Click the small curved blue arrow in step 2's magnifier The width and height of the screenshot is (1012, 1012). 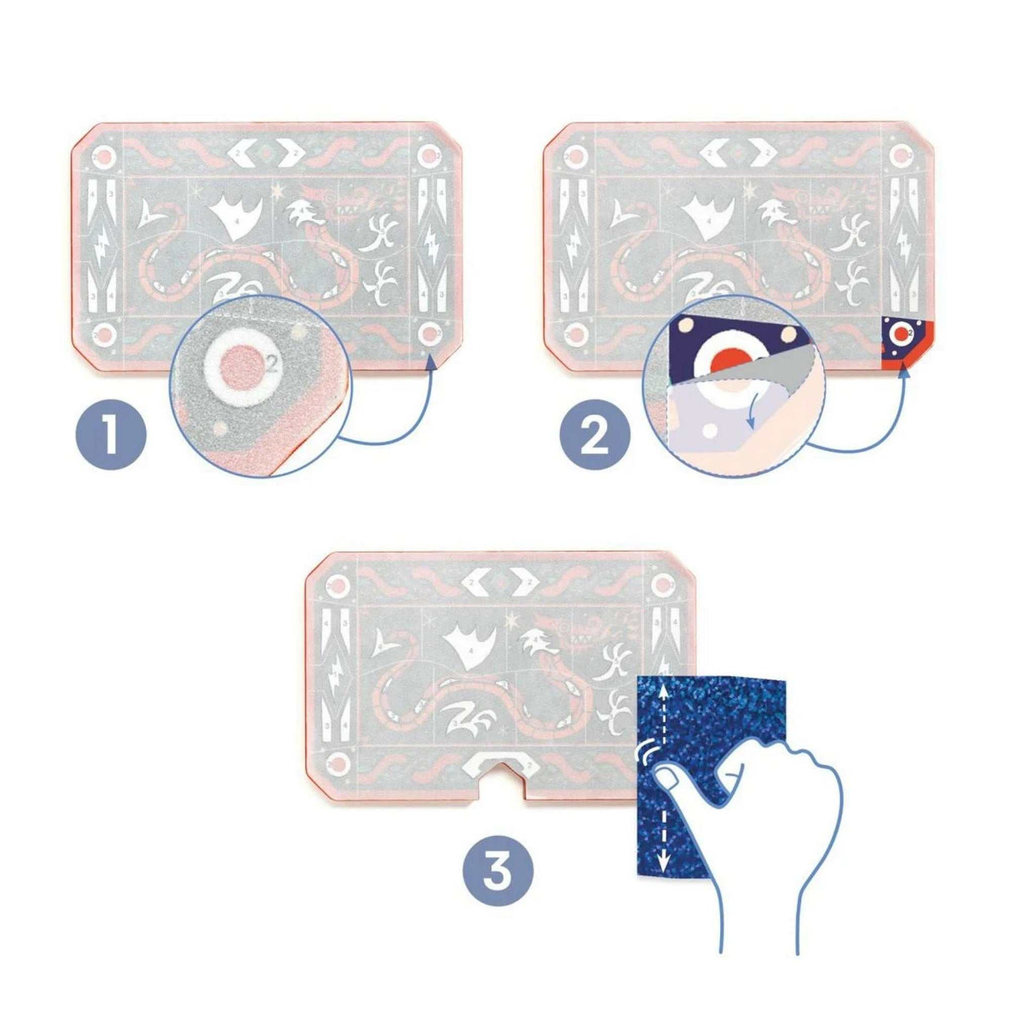754,413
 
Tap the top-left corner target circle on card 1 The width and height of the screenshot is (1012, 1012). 104,156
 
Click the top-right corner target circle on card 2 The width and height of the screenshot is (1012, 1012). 901,155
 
